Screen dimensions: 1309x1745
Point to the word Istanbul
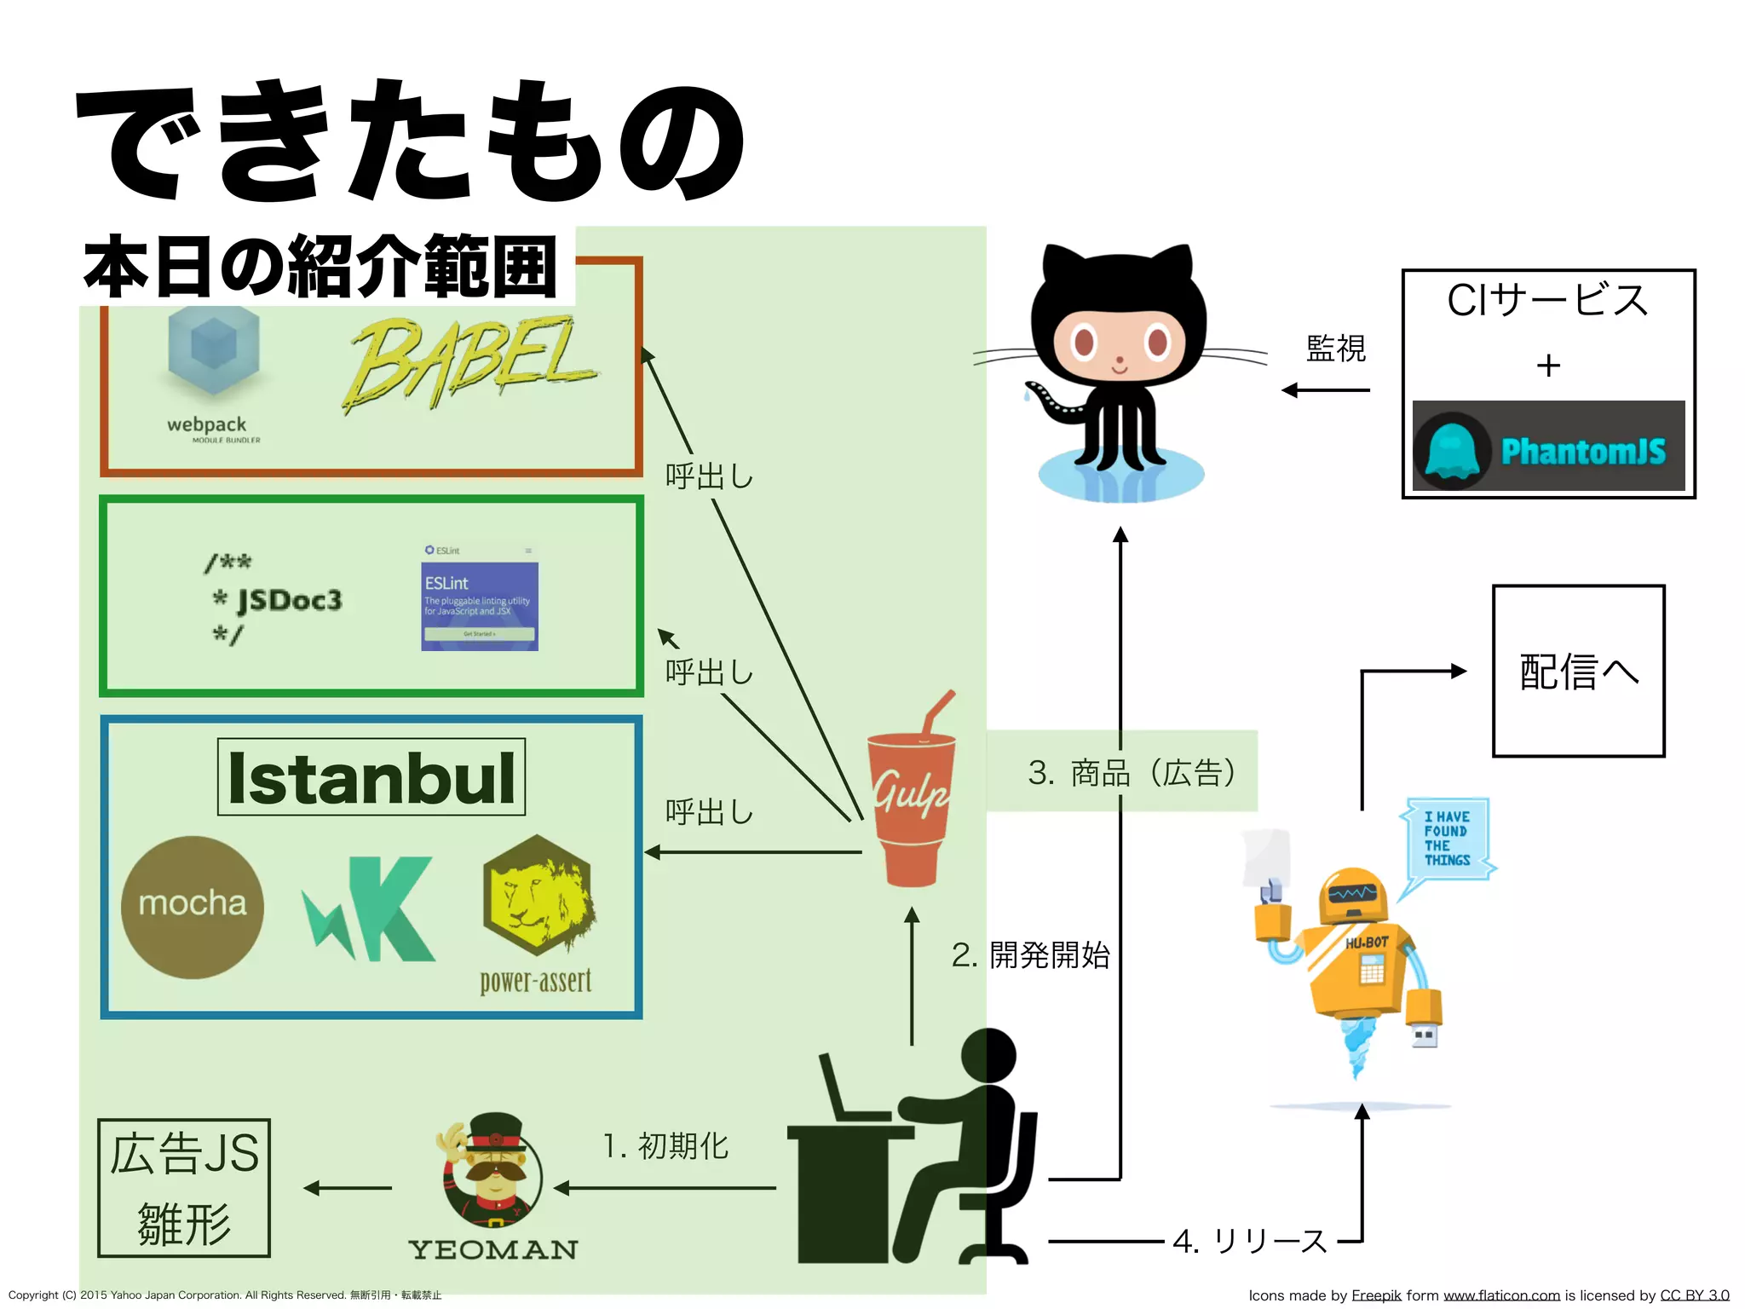pyautogui.click(x=371, y=778)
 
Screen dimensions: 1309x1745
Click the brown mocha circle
pyautogui.click(x=193, y=907)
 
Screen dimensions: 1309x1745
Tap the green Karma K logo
pyautogui.click(x=371, y=908)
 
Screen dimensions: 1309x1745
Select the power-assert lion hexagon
pyautogui.click(x=537, y=895)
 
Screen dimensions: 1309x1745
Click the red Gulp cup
pyautogui.click(x=910, y=805)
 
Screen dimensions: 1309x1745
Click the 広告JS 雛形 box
pyautogui.click(x=184, y=1188)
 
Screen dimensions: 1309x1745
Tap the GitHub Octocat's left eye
pyautogui.click(x=1084, y=343)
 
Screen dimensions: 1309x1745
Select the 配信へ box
pyautogui.click(x=1578, y=671)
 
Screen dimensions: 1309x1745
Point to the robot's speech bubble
pyautogui.click(x=1447, y=839)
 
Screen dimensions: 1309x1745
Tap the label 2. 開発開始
pyautogui.click(x=1031, y=955)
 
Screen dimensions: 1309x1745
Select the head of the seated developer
pyautogui.click(x=988, y=1055)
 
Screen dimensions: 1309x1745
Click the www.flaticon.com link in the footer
pyautogui.click(x=1501, y=1295)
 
